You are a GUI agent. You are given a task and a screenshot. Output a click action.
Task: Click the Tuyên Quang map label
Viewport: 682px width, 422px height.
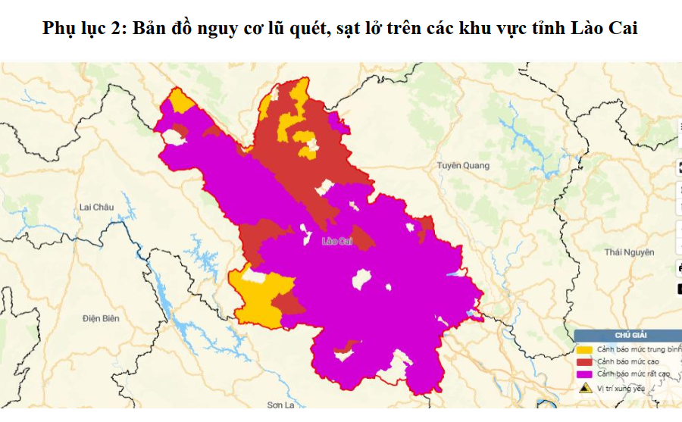tap(463, 165)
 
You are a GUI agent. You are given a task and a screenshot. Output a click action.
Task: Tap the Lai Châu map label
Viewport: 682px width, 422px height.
tap(95, 207)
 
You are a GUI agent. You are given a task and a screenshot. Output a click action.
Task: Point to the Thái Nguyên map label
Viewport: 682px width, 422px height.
tap(629, 252)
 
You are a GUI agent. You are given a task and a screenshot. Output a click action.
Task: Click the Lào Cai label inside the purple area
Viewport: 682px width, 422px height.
tap(337, 241)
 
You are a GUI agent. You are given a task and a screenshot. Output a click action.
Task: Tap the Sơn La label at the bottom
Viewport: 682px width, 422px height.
tap(280, 405)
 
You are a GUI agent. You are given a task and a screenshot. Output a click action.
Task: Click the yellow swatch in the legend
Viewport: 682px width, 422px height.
tap(584, 349)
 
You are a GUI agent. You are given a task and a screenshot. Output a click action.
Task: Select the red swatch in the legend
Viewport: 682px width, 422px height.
tap(584, 361)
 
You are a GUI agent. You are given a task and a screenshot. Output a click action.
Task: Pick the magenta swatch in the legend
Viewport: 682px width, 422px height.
tap(584, 374)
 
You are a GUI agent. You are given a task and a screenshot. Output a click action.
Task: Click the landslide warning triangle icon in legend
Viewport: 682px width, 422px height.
tap(584, 388)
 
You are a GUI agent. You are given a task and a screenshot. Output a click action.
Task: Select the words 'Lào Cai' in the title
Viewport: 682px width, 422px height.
tap(604, 29)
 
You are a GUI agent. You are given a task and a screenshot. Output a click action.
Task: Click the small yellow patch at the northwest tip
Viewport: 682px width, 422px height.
tap(180, 102)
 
